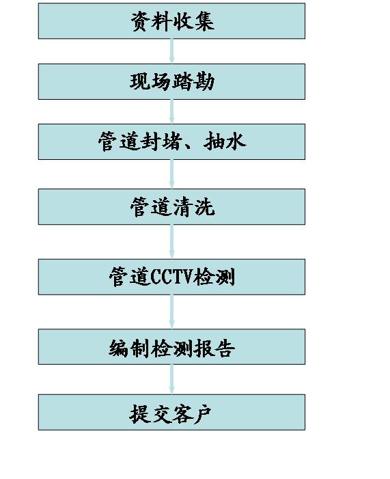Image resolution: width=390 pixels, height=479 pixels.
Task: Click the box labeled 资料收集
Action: [171, 21]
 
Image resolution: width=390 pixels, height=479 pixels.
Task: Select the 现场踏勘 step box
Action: [171, 81]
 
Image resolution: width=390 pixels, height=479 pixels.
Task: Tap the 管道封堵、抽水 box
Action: [171, 141]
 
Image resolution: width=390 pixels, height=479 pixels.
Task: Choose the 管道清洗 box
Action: [171, 207]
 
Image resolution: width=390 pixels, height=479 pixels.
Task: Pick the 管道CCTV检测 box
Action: [171, 277]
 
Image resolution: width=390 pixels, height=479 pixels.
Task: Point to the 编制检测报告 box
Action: [171, 346]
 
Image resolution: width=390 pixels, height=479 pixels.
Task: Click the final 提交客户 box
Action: [171, 413]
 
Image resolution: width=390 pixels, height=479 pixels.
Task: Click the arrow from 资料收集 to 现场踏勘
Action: [171, 51]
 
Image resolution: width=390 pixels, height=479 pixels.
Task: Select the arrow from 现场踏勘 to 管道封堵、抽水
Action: [171, 112]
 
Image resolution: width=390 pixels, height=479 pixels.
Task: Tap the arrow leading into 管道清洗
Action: [171, 174]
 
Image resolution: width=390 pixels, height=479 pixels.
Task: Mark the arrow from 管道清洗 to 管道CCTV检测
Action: [171, 242]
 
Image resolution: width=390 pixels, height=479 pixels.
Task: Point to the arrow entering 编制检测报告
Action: [171, 312]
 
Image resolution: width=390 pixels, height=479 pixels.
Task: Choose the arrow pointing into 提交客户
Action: [171, 379]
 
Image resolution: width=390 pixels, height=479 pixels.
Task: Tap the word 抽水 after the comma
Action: [225, 141]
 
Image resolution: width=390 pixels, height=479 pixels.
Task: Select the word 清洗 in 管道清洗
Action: [193, 207]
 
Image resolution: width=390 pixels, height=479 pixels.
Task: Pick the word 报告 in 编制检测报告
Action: [214, 348]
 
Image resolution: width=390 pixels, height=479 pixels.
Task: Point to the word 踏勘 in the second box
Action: [193, 81]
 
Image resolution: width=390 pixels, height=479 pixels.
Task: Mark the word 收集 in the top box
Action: [193, 21]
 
